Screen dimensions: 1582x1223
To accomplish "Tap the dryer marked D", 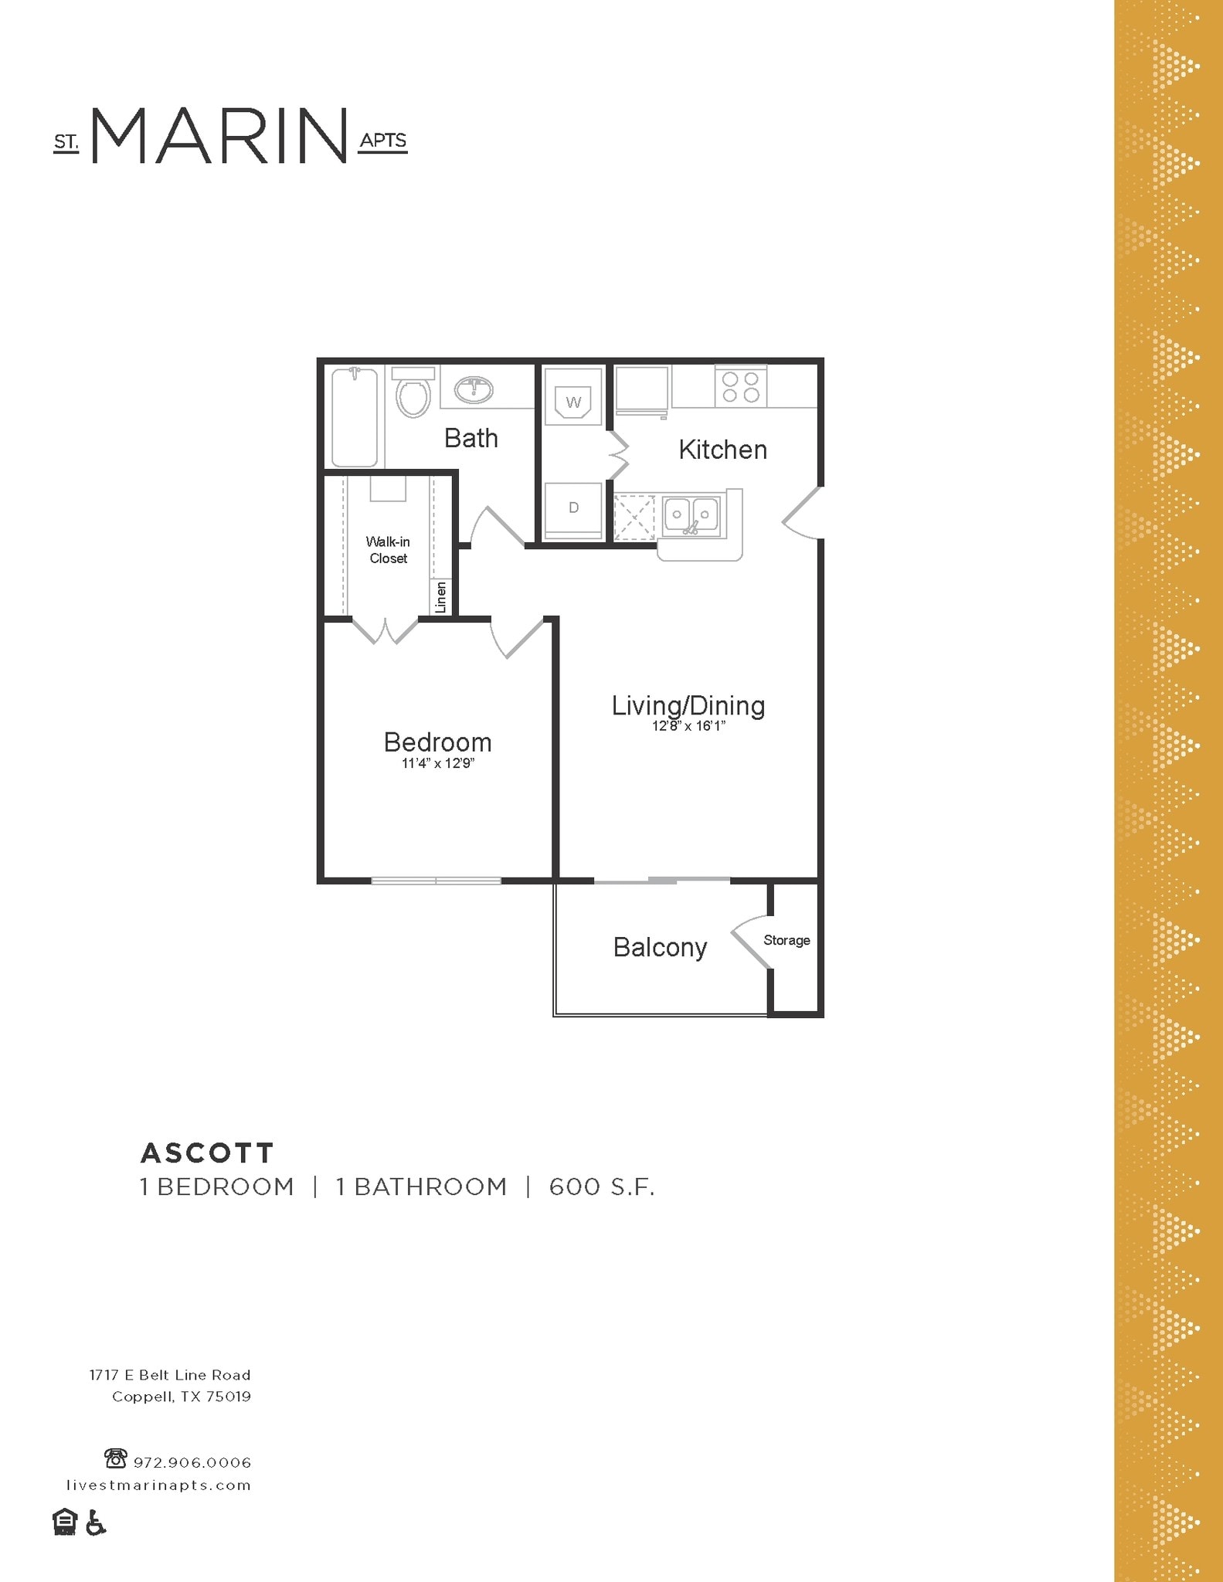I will tap(573, 508).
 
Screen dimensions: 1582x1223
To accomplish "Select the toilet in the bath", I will tap(413, 395).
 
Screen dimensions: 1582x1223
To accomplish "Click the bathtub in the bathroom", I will tap(355, 417).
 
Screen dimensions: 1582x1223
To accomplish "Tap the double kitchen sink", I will tap(691, 516).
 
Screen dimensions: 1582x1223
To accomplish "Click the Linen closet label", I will tap(441, 597).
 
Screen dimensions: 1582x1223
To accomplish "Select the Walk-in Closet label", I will tap(388, 550).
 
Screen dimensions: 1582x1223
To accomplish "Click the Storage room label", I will tap(786, 940).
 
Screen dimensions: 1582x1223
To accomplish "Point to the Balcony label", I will tap(660, 947).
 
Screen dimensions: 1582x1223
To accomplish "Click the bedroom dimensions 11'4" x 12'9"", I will tap(437, 764).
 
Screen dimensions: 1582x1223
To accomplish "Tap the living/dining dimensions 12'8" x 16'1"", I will tap(688, 726).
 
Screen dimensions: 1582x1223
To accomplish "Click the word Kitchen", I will tap(722, 450).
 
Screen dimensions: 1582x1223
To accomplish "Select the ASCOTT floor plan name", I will tap(207, 1153).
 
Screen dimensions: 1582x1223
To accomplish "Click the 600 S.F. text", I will tap(602, 1186).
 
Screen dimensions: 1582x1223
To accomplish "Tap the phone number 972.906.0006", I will tap(192, 1462).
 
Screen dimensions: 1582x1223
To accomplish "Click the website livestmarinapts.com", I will tap(158, 1485).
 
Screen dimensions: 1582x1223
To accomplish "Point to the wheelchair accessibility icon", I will tap(96, 1523).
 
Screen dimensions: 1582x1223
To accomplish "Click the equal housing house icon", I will tap(65, 1522).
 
